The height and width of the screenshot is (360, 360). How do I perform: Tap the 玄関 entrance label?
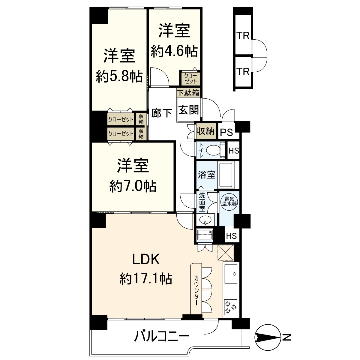[x=189, y=110]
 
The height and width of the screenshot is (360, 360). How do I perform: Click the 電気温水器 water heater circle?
[x=229, y=201]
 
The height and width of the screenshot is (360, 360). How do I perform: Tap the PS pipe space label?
[x=227, y=132]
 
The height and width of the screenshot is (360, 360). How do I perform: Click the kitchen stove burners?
[x=231, y=307]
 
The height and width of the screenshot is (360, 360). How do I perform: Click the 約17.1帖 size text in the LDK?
[x=146, y=279]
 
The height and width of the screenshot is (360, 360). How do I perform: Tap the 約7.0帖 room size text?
[x=133, y=187]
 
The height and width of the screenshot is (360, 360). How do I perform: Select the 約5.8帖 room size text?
[x=119, y=77]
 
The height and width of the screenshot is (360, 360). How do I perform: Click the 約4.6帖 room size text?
[x=174, y=52]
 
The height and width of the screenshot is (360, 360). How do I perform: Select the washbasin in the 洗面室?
[x=205, y=220]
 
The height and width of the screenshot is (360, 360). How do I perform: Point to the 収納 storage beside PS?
[x=205, y=131]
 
